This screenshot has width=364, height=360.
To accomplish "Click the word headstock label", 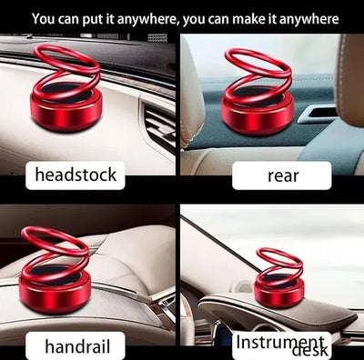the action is (76, 175).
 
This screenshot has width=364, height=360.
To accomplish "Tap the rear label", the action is (283, 176).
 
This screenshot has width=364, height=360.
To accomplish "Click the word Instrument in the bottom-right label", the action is (279, 343).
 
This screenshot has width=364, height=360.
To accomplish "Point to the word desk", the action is (310, 351).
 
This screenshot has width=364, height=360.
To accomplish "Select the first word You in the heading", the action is (42, 19).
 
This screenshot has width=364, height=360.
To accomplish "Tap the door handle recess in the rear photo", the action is (317, 115).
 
